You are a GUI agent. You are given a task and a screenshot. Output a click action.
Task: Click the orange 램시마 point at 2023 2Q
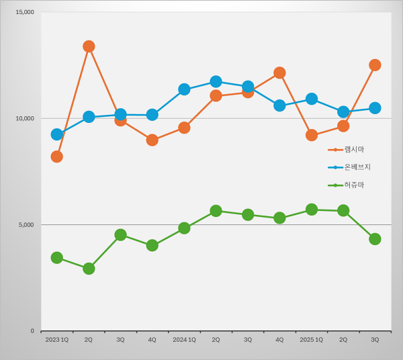click(89, 46)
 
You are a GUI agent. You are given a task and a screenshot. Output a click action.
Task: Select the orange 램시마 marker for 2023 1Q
click(57, 156)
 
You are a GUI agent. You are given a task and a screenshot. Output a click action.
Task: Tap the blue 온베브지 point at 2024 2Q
click(216, 81)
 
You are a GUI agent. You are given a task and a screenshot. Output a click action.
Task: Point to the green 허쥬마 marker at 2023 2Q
click(89, 269)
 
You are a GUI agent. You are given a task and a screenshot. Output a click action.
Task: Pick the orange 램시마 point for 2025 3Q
click(375, 65)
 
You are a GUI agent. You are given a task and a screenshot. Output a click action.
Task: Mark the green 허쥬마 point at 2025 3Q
click(375, 239)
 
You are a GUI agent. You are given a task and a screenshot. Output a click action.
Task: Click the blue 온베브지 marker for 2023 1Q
click(57, 134)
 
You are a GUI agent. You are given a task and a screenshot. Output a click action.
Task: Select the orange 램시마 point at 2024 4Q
click(279, 73)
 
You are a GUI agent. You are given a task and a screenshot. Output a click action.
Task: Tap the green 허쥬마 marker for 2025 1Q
click(312, 210)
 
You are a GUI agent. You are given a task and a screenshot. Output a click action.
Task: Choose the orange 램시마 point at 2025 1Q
click(312, 135)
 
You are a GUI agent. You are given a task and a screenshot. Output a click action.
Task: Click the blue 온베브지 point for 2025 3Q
click(375, 108)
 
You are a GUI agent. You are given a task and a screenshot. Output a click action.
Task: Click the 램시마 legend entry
click(353, 149)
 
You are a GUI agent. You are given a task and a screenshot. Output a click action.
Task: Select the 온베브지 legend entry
click(357, 167)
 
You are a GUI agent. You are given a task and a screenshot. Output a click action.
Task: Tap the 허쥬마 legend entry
click(353, 185)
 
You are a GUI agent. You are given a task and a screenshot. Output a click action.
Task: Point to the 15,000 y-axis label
click(24, 12)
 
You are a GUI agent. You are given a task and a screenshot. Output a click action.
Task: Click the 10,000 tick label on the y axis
click(24, 118)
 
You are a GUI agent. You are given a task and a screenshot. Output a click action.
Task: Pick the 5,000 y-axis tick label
click(26, 224)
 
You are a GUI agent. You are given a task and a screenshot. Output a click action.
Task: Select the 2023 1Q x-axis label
click(57, 340)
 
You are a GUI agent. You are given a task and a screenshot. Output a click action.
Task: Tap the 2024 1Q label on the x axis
click(184, 340)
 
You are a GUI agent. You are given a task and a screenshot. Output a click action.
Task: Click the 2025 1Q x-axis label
click(312, 340)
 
